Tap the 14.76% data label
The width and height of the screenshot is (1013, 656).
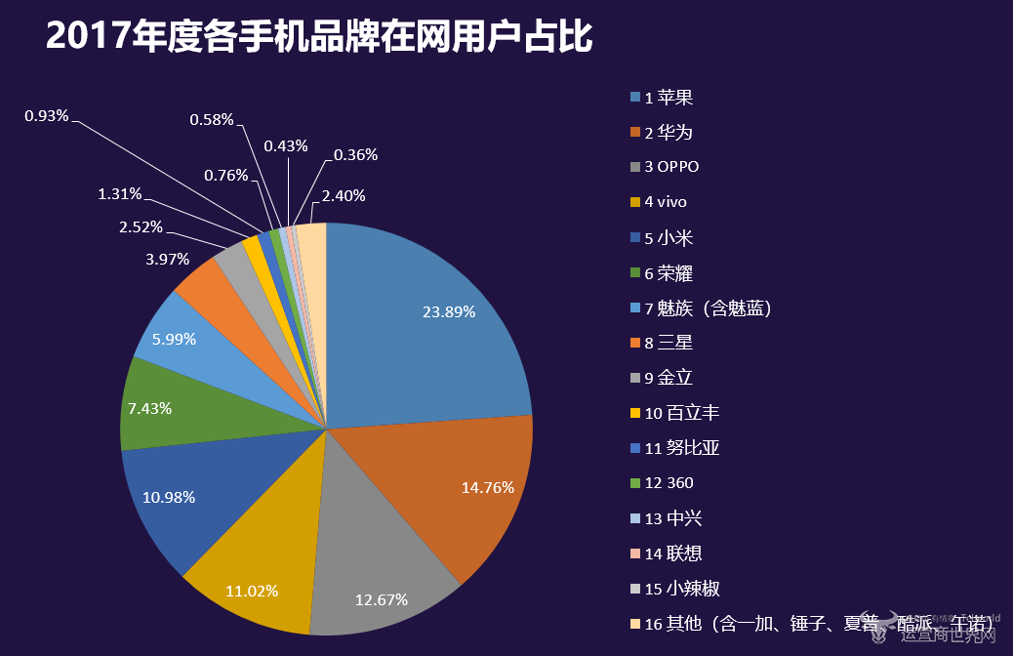(x=487, y=487)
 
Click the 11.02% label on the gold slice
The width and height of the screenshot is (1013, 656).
(x=252, y=591)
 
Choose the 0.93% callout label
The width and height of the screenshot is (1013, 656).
(x=47, y=116)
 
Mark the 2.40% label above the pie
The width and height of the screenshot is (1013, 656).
(x=344, y=195)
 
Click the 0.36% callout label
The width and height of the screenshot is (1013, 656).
(x=355, y=154)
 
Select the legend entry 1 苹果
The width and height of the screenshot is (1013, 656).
(x=669, y=97)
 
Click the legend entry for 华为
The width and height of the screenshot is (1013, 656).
(x=669, y=132)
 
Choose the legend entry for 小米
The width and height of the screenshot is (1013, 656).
(x=669, y=237)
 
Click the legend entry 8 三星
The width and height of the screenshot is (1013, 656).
(x=669, y=343)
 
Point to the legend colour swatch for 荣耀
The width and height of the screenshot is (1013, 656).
(x=635, y=272)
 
